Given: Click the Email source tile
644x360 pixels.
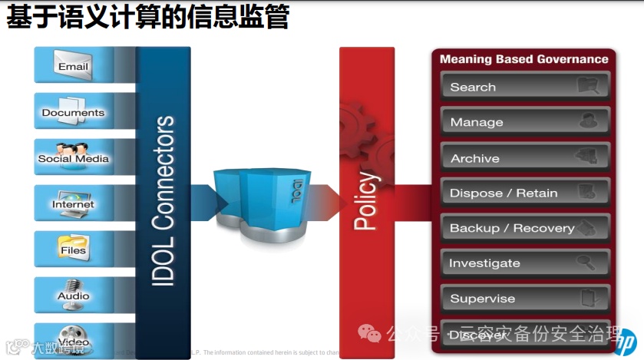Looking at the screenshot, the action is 74,64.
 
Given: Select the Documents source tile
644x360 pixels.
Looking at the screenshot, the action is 73,111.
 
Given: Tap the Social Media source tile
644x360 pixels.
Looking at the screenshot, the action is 74,157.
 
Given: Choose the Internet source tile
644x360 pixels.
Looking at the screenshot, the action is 74,203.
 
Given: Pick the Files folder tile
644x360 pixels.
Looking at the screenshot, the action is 74,249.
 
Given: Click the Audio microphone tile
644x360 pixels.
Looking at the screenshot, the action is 74,294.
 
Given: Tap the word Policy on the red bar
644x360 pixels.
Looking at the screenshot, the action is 366,201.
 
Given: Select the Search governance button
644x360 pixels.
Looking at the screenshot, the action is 525,87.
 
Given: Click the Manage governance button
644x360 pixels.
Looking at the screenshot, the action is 525,122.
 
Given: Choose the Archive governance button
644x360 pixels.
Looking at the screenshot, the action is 525,158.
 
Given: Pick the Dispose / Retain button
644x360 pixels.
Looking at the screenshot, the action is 525,193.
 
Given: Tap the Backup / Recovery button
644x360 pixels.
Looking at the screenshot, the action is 525,228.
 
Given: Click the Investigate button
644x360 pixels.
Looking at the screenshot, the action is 525,263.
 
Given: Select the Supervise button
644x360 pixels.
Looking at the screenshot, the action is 525,299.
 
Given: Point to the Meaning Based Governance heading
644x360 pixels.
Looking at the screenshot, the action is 523,59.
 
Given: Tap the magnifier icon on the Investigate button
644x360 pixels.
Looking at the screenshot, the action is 587,263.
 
